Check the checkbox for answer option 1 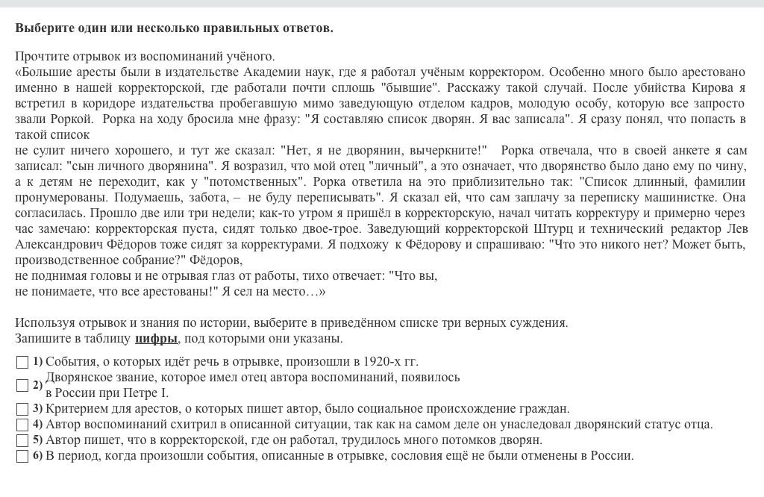click(x=22, y=362)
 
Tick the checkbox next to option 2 click(x=22, y=385)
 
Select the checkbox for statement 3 click(x=22, y=409)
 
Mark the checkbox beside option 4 click(x=22, y=425)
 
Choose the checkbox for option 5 click(x=22, y=440)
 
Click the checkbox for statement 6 click(x=22, y=456)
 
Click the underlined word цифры click(x=156, y=339)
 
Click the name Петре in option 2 click(x=143, y=393)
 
